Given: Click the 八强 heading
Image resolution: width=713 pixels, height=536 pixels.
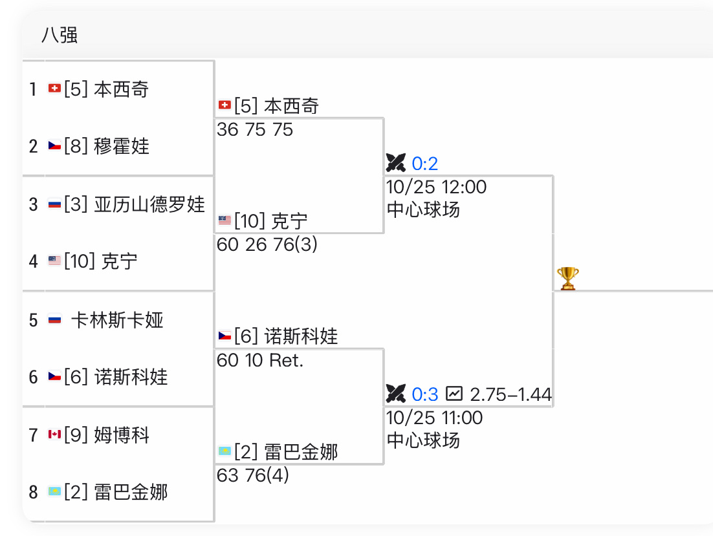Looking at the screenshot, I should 60,35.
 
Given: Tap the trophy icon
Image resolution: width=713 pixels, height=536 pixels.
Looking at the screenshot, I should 567,279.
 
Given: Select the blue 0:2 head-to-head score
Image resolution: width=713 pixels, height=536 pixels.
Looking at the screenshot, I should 425,163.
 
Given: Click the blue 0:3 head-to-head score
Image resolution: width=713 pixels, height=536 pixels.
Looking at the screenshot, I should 425,394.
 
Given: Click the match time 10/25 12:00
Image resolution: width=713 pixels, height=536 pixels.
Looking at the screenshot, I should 436,187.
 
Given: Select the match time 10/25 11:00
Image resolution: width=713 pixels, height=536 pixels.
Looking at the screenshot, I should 434,418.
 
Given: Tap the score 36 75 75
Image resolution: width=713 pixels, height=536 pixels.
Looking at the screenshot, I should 255,129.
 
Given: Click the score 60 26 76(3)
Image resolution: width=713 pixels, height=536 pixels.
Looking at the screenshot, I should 267,244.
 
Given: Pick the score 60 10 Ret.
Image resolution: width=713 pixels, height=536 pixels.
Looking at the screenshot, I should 260,360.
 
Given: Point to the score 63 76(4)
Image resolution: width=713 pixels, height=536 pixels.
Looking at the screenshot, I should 253,475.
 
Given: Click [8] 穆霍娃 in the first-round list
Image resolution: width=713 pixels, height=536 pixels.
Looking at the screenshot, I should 106,146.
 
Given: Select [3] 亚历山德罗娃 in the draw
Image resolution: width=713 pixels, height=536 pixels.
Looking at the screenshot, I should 134,204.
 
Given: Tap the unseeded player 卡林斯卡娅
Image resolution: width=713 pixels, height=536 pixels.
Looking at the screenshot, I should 117,320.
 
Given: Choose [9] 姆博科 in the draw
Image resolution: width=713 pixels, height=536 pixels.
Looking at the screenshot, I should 106,434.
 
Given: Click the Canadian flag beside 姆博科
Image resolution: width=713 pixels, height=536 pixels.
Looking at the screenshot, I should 54,434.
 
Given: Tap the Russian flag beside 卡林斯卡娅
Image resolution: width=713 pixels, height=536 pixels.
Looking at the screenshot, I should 54,319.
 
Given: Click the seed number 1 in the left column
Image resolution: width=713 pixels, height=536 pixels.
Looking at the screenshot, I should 33,89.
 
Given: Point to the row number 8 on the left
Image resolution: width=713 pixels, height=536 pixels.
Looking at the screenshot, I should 33,492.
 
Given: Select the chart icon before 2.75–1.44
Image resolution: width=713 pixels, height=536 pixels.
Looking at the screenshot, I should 455,393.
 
